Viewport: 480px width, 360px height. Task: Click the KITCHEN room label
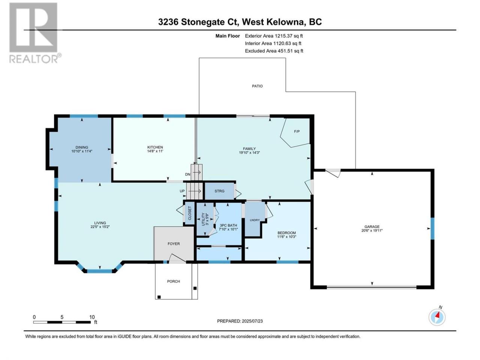(155, 147)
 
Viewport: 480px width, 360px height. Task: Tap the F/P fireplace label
(297, 131)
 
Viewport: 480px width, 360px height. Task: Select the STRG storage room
(219, 191)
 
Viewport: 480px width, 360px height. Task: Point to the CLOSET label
(190, 213)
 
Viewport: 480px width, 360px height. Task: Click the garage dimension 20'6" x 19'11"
(372, 230)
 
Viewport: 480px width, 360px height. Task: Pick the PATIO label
(257, 86)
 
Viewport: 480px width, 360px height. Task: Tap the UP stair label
(182, 191)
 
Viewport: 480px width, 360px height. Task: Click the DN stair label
(187, 174)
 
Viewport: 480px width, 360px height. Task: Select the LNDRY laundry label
(255, 220)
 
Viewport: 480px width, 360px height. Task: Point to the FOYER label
(174, 244)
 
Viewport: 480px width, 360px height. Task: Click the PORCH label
(173, 281)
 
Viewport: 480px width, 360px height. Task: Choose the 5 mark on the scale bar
(62, 317)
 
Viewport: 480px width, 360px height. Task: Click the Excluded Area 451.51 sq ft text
(274, 51)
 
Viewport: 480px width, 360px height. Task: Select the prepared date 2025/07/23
(252, 321)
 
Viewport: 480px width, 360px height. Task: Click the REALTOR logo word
(33, 59)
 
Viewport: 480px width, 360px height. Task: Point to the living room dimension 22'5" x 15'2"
(100, 226)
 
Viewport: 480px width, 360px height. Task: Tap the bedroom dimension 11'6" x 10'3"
(286, 237)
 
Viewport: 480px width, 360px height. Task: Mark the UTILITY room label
(203, 219)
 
